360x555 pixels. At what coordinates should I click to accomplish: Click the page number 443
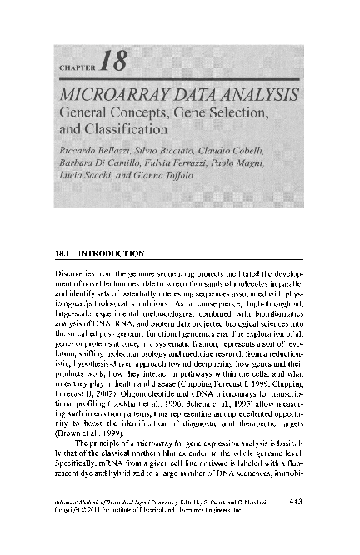coord(294,523)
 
